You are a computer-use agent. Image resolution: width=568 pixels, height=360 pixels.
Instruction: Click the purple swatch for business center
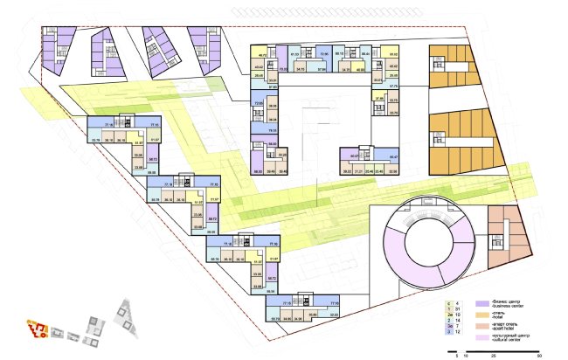481,303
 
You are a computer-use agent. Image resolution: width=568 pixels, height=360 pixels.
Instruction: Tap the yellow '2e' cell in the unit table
448,314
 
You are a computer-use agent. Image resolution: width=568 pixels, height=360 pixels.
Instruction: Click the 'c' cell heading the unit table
448,301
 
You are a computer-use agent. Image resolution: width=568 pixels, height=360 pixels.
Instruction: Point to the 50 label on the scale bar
539,356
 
